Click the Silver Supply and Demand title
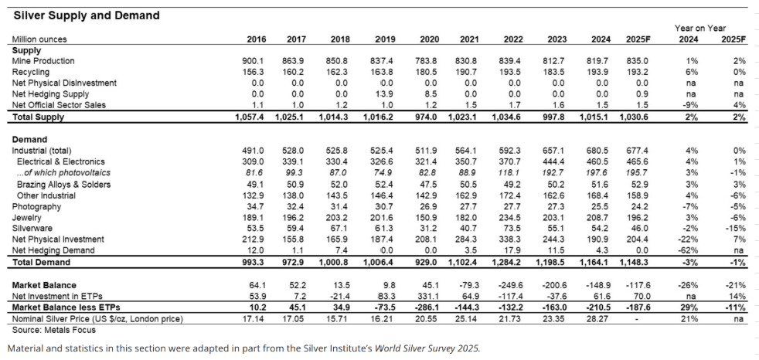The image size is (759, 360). click(x=87, y=15)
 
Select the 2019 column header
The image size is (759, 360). click(x=386, y=39)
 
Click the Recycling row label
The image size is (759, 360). click(x=30, y=72)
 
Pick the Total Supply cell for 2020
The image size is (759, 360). click(x=427, y=117)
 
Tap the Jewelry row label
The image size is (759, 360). click(x=26, y=218)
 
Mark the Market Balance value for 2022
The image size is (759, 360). click(x=511, y=285)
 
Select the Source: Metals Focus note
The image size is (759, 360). click(x=54, y=330)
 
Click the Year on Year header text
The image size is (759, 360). click(x=700, y=29)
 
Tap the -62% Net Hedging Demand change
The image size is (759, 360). click(x=689, y=250)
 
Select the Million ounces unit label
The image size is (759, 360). click(x=39, y=39)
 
